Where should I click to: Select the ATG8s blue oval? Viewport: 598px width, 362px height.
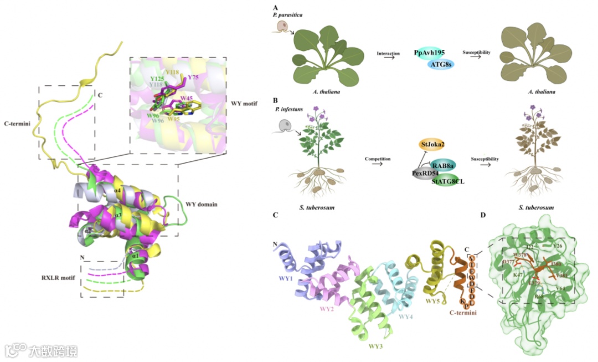[442, 65]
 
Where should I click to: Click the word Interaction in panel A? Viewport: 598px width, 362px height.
[389, 53]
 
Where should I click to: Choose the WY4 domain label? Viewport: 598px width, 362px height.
[407, 317]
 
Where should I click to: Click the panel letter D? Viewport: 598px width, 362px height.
[483, 214]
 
